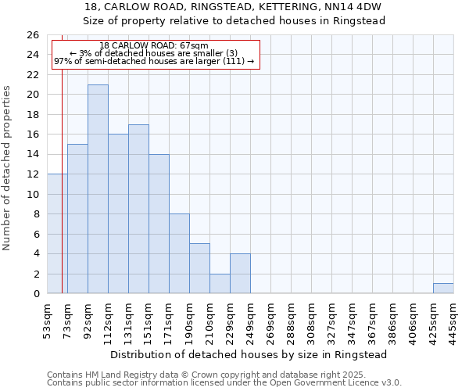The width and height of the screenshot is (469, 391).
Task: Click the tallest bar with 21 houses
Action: pyautogui.click(x=98, y=189)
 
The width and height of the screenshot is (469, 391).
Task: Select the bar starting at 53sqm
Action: pyautogui.click(x=57, y=234)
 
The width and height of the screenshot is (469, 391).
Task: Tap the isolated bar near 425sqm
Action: pyautogui.click(x=443, y=289)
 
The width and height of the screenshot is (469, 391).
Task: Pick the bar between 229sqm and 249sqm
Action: pyautogui.click(x=240, y=274)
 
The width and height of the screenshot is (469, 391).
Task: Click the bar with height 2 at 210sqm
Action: pyautogui.click(x=220, y=284)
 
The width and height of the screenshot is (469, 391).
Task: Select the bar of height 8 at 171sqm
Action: pyautogui.click(x=179, y=253)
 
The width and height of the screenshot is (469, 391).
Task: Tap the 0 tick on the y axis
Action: pyautogui.click(x=36, y=294)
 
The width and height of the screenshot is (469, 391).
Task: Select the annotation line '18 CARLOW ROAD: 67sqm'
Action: pyautogui.click(x=154, y=46)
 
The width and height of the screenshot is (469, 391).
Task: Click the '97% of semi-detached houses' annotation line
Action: pyautogui.click(x=154, y=61)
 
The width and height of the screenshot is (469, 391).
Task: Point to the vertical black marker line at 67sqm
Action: pyautogui.click(x=62, y=180)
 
